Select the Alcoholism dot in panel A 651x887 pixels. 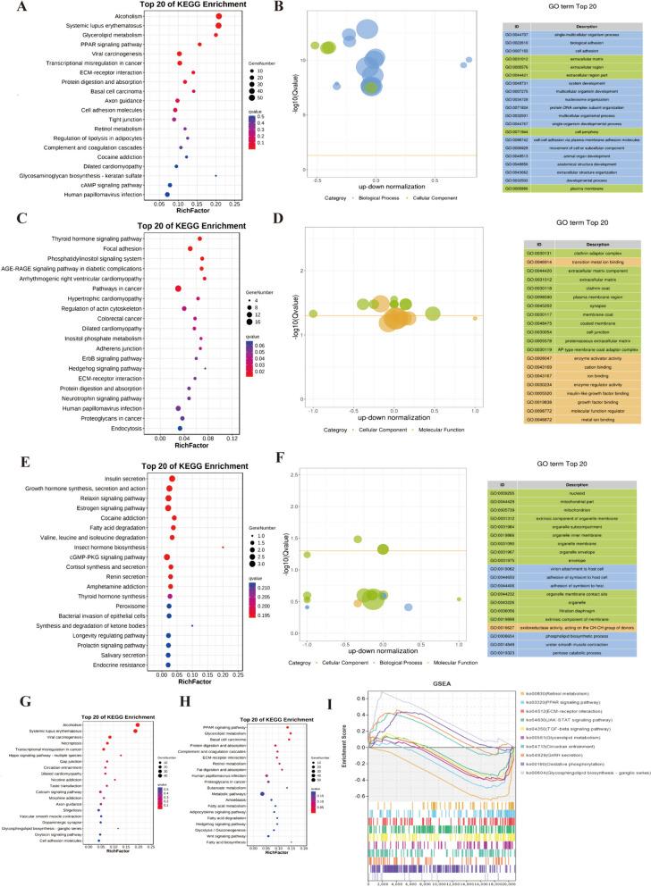tap(219, 16)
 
